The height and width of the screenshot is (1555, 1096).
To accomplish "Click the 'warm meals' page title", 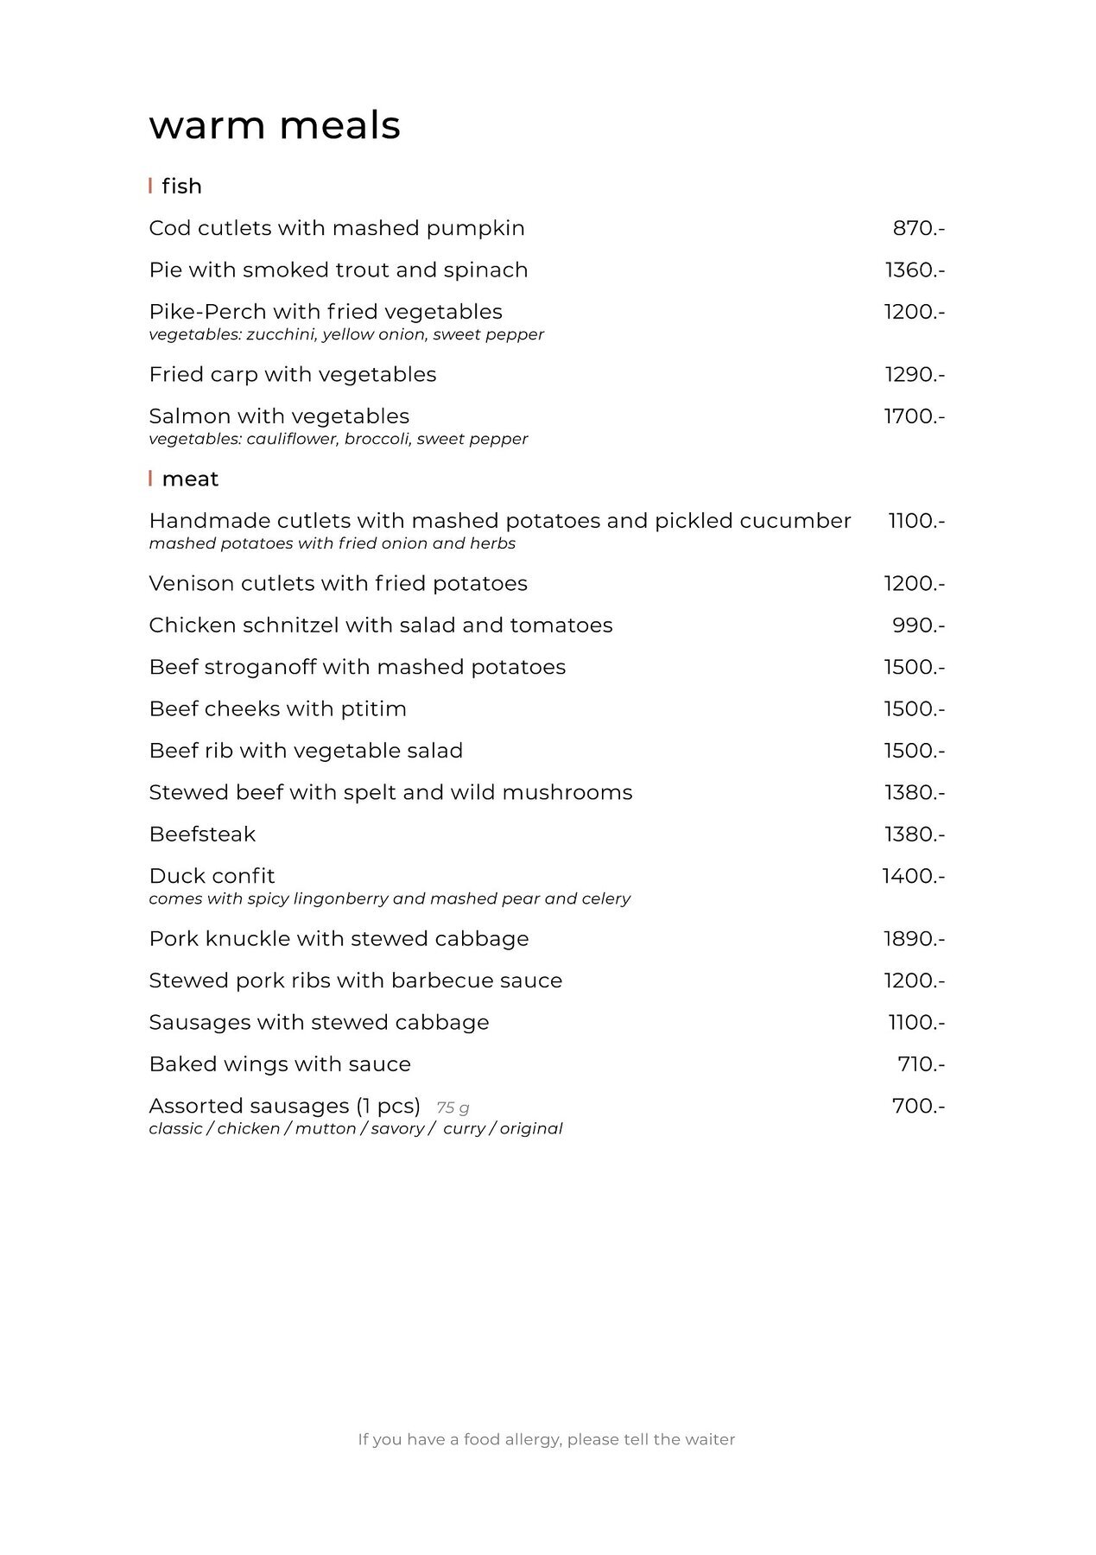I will [x=275, y=125].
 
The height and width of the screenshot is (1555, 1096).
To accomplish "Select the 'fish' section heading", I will [x=181, y=187].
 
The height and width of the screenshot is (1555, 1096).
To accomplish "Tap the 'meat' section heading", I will [x=190, y=479].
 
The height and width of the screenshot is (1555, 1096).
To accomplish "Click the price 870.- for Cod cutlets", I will [x=918, y=229].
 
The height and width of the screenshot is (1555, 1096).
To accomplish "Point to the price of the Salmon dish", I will [x=914, y=416].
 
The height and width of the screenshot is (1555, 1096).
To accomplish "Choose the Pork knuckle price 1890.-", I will [x=914, y=939].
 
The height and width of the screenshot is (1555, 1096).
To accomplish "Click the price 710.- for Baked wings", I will [x=921, y=1064].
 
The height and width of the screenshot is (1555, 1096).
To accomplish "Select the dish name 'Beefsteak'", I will [x=202, y=835].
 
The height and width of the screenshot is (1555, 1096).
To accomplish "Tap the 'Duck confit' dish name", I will [x=212, y=876].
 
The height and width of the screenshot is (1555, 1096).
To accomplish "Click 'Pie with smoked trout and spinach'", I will [x=338, y=270].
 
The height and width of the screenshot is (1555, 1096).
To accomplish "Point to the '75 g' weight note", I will [x=453, y=1108].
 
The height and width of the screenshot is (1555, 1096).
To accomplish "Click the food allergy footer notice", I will [x=547, y=1439].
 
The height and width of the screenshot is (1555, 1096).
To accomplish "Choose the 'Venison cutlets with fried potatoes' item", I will [x=338, y=584].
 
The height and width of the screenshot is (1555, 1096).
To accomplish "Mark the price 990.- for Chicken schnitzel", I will [x=918, y=625].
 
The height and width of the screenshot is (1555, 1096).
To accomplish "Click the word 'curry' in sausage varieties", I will [x=464, y=1129].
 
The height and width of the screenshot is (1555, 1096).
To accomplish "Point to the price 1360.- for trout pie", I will [x=914, y=270].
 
